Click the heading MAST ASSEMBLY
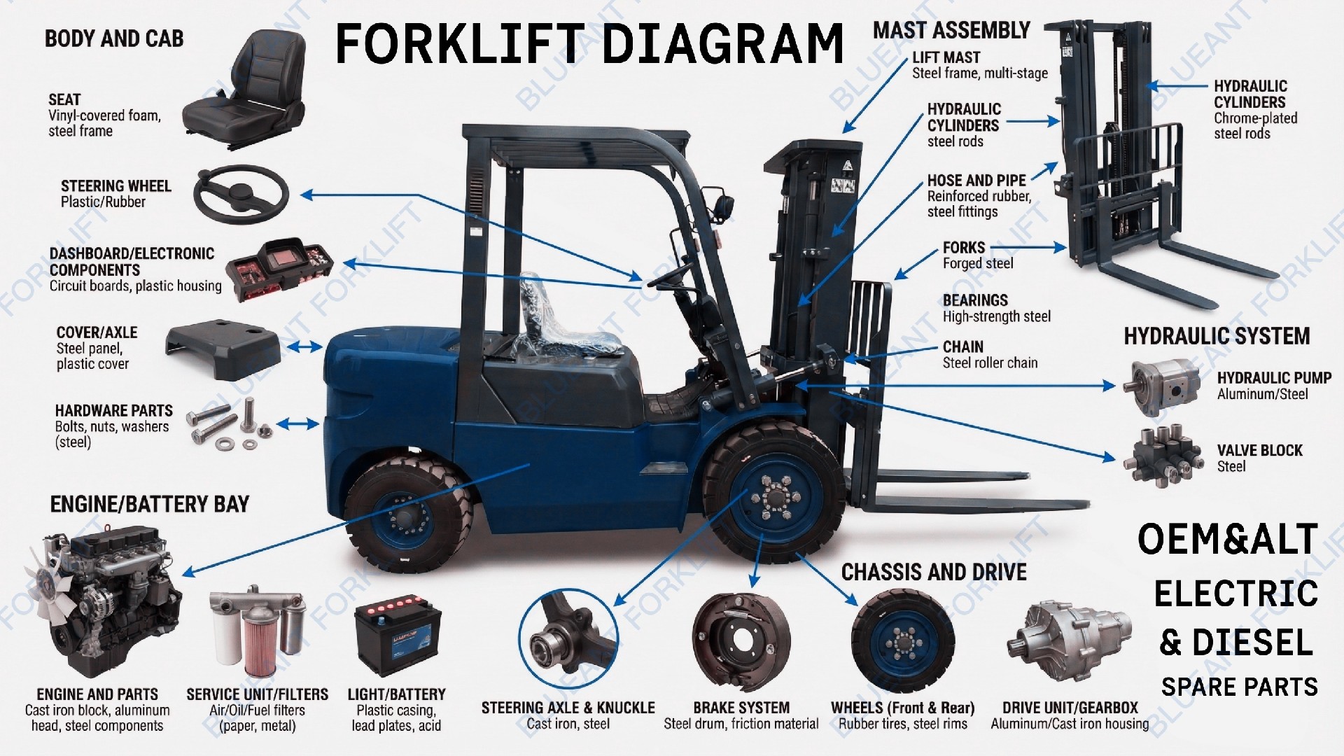click(x=951, y=31)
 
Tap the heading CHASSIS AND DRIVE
click(x=933, y=573)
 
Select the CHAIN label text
click(x=962, y=347)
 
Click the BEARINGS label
click(x=975, y=300)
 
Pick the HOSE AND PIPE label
click(x=976, y=181)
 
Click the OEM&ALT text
click(x=1227, y=540)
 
